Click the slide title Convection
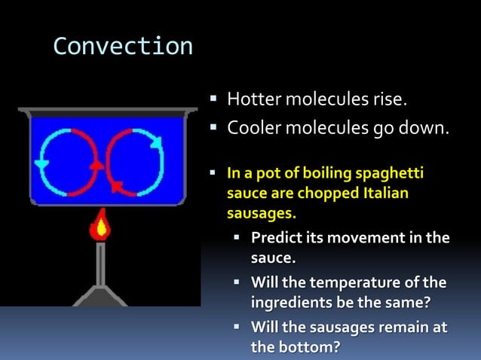click(x=123, y=47)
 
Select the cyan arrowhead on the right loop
click(x=158, y=140)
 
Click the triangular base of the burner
click(x=98, y=295)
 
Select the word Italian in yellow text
click(x=382, y=194)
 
